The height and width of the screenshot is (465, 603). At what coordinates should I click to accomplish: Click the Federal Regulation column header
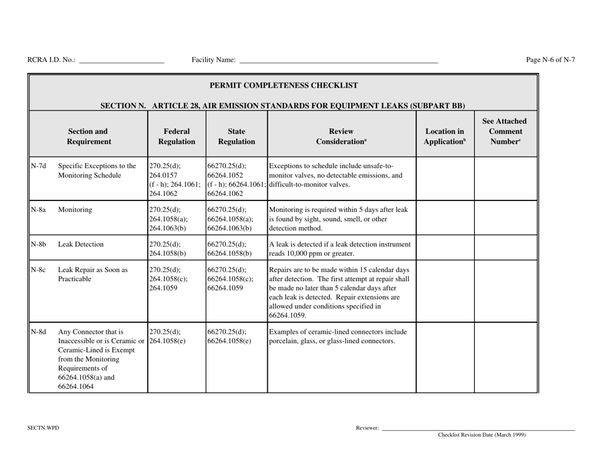[176, 129]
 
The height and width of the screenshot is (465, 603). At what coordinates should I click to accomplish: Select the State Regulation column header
[236, 129]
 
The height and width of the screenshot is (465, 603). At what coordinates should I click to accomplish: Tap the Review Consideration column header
[341, 129]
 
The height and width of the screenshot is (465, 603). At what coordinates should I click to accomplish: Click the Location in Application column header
[444, 129]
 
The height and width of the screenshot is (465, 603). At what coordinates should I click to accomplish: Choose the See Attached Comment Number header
[506, 129]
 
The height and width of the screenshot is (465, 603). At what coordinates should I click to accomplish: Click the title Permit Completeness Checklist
[283, 85]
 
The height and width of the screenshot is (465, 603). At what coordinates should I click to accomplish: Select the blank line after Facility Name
[338, 62]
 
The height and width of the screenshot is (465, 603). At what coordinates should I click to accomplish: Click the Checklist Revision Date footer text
[482, 435]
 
